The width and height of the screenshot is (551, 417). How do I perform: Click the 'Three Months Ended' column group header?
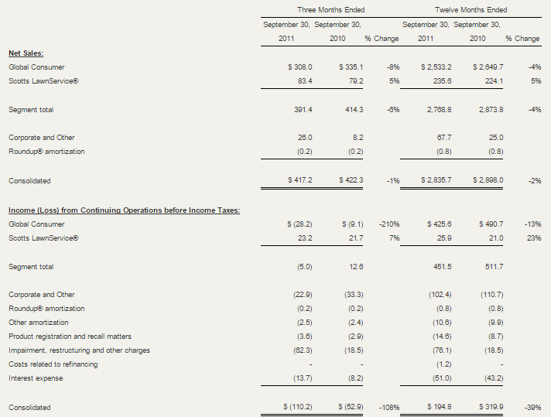click(x=330, y=10)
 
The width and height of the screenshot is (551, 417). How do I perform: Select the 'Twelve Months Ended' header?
click(x=471, y=10)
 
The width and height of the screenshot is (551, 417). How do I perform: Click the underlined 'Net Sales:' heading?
click(x=26, y=53)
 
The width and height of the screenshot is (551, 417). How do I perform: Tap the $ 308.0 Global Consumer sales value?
click(x=299, y=67)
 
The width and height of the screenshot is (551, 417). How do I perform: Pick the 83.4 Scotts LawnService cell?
click(x=305, y=81)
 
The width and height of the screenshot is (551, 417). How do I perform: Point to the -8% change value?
click(x=393, y=67)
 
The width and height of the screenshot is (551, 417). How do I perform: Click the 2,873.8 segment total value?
click(x=491, y=110)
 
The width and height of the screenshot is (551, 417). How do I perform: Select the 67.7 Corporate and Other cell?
click(x=444, y=138)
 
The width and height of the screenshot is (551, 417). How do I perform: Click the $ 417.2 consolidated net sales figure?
click(x=299, y=180)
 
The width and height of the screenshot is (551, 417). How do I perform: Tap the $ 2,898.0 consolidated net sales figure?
click(x=488, y=180)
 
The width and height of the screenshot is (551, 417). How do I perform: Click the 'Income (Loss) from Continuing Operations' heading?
click(x=124, y=210)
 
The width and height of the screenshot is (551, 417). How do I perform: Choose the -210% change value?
click(x=389, y=224)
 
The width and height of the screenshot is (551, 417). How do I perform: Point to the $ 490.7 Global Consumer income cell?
click(x=491, y=224)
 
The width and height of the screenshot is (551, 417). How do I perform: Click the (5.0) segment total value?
click(x=304, y=267)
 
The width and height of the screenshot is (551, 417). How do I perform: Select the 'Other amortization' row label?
click(x=39, y=323)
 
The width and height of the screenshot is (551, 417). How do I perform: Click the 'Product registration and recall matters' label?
click(x=70, y=337)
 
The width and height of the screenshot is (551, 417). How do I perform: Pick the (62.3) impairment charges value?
click(x=303, y=350)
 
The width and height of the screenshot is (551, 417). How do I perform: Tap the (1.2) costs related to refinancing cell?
click(x=443, y=364)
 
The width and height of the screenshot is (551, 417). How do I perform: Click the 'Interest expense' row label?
click(x=36, y=378)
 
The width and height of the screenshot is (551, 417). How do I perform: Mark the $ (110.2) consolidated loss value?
click(x=298, y=407)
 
